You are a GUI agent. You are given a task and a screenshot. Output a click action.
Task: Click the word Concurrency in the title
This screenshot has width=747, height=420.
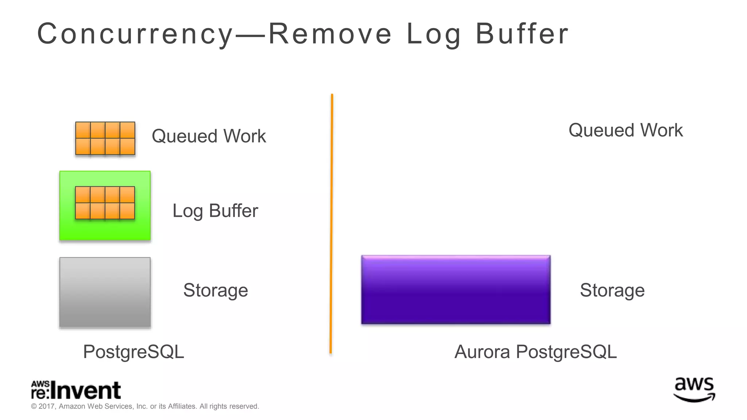pos(135,34)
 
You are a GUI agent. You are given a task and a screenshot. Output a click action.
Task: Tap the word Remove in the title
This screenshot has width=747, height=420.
pos(330,34)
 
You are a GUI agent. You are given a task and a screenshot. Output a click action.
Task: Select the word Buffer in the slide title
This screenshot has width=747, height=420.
pos(522,34)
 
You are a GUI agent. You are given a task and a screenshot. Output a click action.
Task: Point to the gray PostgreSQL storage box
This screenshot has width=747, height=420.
pos(105,292)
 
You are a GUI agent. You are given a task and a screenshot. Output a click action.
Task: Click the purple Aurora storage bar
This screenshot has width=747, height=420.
pos(456,290)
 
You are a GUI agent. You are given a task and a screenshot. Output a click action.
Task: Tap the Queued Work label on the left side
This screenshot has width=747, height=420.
pos(209,136)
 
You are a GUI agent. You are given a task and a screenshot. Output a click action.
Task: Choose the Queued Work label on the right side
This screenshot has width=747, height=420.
pos(626,130)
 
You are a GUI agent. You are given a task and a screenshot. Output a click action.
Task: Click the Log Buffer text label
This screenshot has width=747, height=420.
pos(215,211)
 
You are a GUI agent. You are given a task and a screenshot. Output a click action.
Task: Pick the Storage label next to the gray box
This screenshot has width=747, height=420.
pos(216,290)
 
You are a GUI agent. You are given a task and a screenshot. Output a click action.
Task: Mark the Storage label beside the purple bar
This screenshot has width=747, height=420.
pos(612,290)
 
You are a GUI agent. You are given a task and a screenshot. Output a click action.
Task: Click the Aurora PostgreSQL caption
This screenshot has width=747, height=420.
pos(535,352)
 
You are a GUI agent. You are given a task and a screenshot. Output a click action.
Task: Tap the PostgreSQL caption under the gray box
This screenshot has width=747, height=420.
pos(133,352)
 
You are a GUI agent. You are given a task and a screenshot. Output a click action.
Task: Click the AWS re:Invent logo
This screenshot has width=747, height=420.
pos(76,390)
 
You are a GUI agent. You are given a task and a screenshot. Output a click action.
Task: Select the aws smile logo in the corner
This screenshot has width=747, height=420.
pos(694,389)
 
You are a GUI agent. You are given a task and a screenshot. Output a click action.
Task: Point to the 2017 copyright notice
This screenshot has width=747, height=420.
pos(145,406)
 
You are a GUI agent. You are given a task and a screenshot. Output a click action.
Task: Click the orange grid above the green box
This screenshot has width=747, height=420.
pos(105,138)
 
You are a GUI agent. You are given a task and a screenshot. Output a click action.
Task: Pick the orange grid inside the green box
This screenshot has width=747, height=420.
pos(105,203)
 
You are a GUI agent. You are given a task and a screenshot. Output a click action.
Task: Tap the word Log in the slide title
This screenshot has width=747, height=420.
pos(434,34)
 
